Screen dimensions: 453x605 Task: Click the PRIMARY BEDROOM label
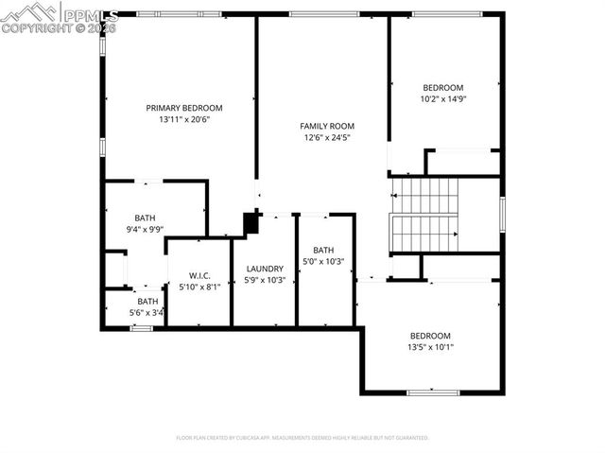[x=183, y=108]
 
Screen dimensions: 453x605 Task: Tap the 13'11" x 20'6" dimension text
[x=183, y=120]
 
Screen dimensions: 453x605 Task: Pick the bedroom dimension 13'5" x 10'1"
[x=430, y=347]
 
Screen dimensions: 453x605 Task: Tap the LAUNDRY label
[x=265, y=269]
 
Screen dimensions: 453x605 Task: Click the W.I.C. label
[x=199, y=275]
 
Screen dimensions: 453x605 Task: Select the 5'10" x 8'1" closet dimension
[x=199, y=287]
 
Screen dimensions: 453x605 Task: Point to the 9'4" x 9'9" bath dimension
[x=145, y=229]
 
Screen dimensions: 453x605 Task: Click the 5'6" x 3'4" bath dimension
[x=147, y=313]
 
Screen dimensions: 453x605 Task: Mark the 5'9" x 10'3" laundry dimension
[x=265, y=281]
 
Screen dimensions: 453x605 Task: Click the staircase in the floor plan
[x=424, y=215]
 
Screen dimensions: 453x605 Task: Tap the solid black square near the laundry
[x=251, y=222]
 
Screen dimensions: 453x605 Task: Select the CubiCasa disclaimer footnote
[x=302, y=438]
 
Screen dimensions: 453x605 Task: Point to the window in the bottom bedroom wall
[x=432, y=392]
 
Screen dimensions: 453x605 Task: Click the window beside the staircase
[x=502, y=214]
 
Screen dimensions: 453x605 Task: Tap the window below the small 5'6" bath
[x=141, y=328]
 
